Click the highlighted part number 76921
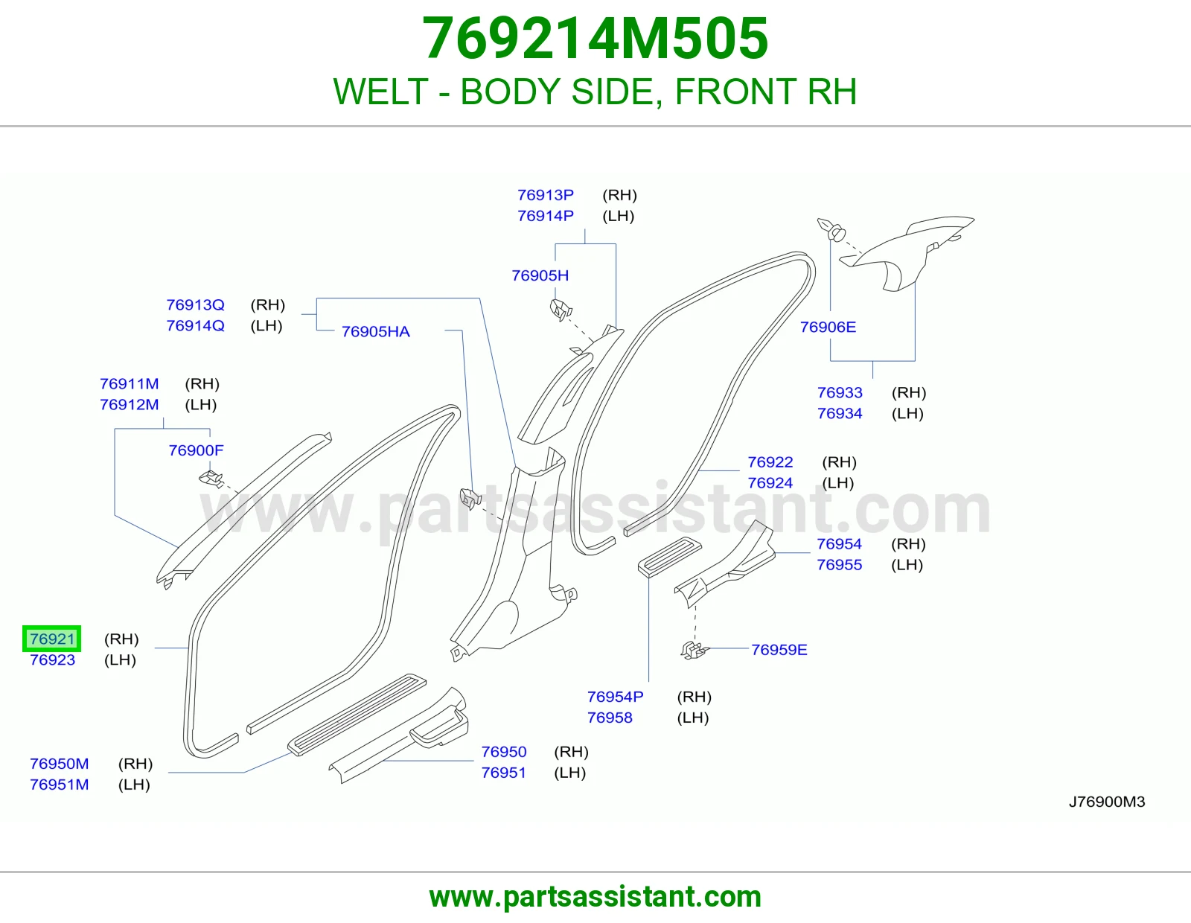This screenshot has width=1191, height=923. (52, 639)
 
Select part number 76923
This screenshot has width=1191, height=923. (52, 659)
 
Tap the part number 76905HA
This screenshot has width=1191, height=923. (375, 331)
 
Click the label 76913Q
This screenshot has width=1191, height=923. (195, 304)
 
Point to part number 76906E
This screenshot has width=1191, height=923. (828, 327)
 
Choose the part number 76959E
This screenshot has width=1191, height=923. (779, 650)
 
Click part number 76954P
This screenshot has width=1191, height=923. (615, 697)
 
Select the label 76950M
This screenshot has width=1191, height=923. (60, 764)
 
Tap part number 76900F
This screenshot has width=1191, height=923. (196, 450)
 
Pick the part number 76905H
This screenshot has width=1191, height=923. (540, 275)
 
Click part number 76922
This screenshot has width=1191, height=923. (770, 462)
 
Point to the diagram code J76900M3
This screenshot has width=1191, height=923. (1107, 802)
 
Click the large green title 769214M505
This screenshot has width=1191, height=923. (595, 38)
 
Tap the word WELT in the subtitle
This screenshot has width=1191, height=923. (380, 92)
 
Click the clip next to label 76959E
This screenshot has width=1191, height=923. (695, 650)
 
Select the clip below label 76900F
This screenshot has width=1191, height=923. (211, 479)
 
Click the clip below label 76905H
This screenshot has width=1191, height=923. (561, 310)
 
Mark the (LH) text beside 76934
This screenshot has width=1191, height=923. (907, 413)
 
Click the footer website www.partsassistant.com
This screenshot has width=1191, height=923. (595, 897)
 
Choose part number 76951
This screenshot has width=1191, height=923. (503, 773)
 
